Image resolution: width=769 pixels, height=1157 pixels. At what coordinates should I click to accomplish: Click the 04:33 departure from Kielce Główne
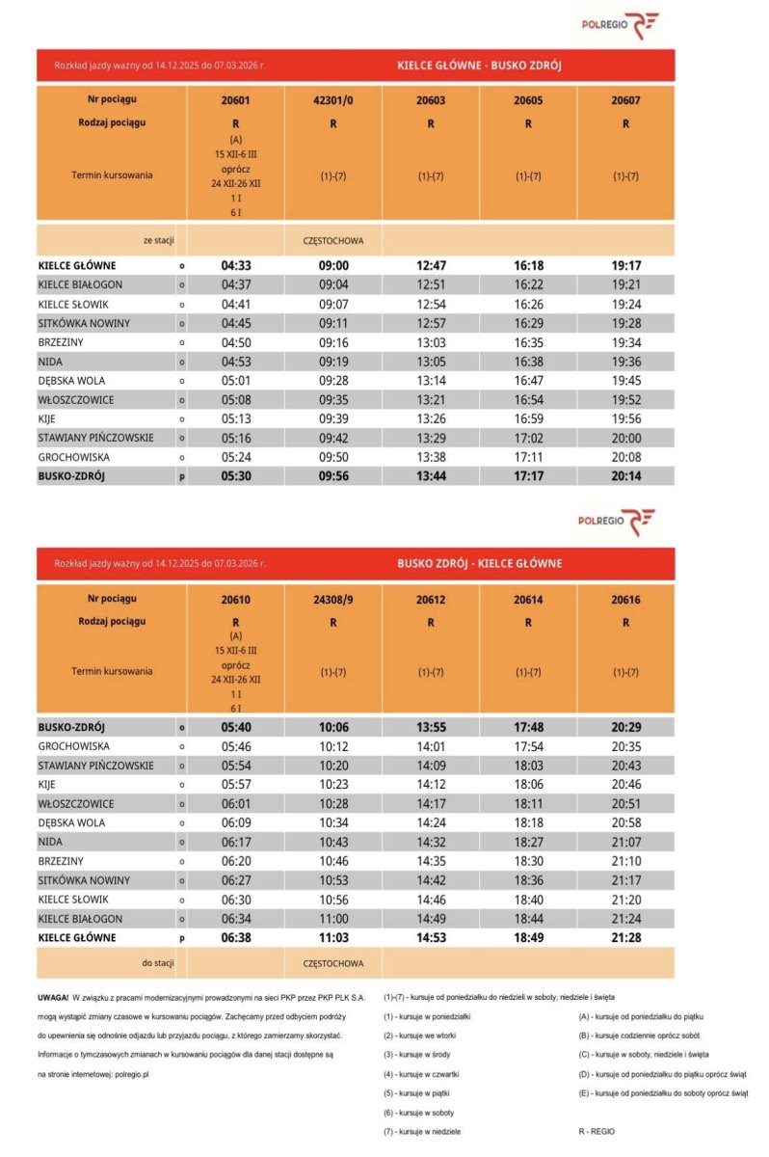coord(236,265)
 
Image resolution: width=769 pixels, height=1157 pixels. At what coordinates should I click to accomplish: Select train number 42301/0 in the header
coord(333,100)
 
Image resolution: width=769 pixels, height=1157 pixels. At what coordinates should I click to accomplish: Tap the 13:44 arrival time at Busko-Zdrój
coord(431,476)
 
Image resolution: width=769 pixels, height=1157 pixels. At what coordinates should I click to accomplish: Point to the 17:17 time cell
coord(528,476)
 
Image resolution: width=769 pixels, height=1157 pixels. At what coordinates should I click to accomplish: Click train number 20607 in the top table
coord(625,100)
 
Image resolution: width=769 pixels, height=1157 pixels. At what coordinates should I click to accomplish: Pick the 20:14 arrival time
coord(625,476)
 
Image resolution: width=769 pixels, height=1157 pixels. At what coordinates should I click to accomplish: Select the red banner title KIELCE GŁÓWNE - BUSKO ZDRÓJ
coord(479,67)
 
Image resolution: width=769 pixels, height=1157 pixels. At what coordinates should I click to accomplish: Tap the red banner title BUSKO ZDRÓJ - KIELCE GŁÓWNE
coord(479,563)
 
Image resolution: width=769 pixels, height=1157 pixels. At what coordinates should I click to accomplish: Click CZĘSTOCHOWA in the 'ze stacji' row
coord(333,239)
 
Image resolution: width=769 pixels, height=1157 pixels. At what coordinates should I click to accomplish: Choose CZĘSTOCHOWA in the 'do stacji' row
coord(333,962)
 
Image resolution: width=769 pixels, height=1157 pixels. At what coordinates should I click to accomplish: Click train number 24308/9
coord(333,599)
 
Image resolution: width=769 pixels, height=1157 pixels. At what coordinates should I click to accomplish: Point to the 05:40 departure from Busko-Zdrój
coord(236,727)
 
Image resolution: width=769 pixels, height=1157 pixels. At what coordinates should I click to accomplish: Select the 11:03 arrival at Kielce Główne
coord(333,937)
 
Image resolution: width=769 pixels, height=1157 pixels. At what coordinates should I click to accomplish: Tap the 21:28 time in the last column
coord(625,937)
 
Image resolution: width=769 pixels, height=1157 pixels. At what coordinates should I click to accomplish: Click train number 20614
coord(528,599)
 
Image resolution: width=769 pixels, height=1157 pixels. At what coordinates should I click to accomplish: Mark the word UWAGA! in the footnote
coord(52,997)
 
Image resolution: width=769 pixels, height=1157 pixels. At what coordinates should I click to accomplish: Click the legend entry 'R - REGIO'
coord(593,1131)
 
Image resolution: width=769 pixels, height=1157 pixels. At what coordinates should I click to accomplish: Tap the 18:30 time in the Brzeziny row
coord(528,861)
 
